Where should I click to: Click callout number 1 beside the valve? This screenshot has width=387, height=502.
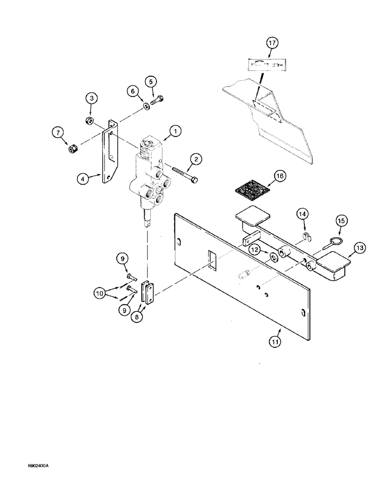pyautogui.click(x=175, y=132)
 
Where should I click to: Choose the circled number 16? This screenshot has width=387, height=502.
pyautogui.click(x=280, y=176)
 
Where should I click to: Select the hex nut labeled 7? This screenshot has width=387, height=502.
pyautogui.click(x=72, y=150)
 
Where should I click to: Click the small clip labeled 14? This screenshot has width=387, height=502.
pyautogui.click(x=307, y=236)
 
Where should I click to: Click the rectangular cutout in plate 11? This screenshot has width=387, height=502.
pyautogui.click(x=211, y=261)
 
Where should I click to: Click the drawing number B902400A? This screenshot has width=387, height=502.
pyautogui.click(x=35, y=466)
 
